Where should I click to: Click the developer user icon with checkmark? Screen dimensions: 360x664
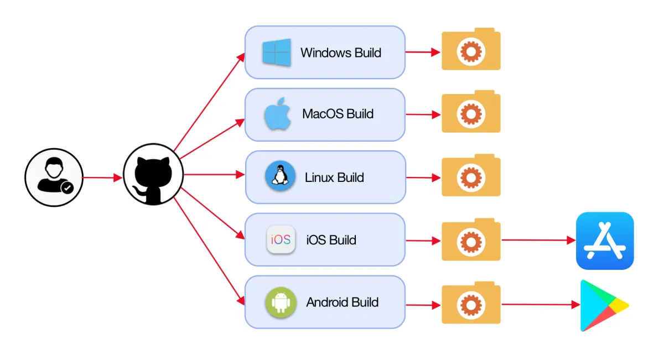tap(54, 178)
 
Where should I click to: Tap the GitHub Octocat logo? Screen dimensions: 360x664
tap(153, 175)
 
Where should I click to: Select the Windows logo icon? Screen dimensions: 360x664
tap(277, 53)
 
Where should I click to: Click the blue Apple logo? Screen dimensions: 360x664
tap(277, 114)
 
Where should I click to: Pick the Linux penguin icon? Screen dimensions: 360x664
tap(280, 177)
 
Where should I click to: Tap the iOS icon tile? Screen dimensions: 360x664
tap(281, 239)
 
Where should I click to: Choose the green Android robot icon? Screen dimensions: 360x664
tap(281, 302)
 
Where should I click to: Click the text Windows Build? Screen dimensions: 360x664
tap(340, 53)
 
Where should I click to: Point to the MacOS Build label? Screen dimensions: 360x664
tap(338, 114)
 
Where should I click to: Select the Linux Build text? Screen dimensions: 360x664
tap(334, 178)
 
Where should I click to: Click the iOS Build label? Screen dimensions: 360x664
tap(331, 240)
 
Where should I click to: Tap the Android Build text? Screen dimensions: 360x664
tap(342, 302)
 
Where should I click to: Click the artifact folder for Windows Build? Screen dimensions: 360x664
tap(471, 50)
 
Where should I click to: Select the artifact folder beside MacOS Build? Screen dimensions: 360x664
tap(471, 112)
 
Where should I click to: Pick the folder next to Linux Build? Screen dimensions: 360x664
tap(471, 176)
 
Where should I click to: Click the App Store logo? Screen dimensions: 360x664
tap(605, 241)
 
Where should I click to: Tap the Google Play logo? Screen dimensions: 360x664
tap(603, 305)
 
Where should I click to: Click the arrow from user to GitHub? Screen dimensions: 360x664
tap(102, 178)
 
